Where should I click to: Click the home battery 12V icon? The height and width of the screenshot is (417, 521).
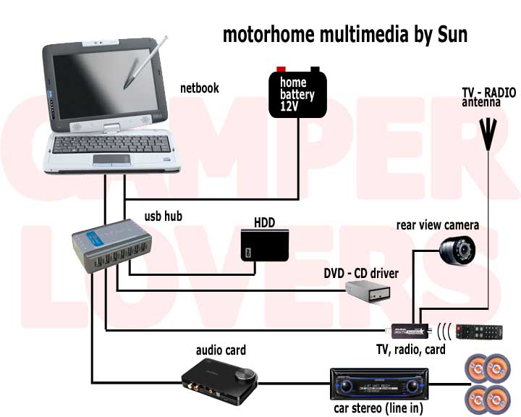pyautogui.click(x=298, y=93)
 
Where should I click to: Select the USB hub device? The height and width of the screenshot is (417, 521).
pyautogui.click(x=116, y=247)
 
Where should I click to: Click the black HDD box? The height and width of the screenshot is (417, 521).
pyautogui.click(x=264, y=246)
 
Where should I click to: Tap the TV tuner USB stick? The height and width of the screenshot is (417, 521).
pyautogui.click(x=410, y=331)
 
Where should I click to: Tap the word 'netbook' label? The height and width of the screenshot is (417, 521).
pyautogui.click(x=200, y=88)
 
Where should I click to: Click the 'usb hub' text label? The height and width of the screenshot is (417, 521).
pyautogui.click(x=163, y=215)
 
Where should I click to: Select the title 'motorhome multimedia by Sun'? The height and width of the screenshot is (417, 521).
pyautogui.click(x=344, y=33)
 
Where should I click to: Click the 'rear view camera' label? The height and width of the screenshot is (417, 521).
pyautogui.click(x=438, y=224)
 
